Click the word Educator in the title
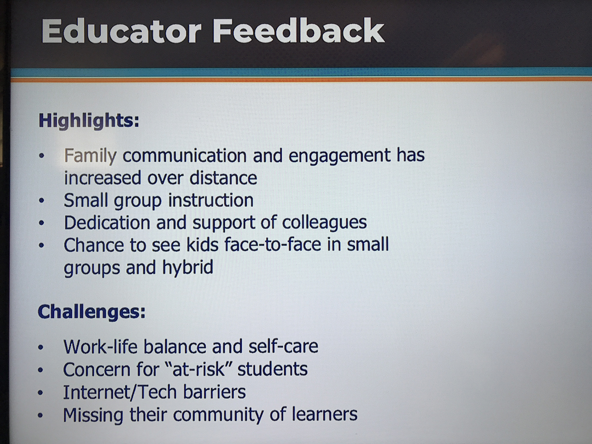point(122,31)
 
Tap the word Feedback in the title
point(298,31)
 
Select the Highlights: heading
point(89,121)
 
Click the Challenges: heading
point(92,312)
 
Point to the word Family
point(90,156)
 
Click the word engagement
point(339,156)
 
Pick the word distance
point(223,178)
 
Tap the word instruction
point(211,201)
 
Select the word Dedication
point(107,222)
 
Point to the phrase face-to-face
point(273,245)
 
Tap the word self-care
point(283,346)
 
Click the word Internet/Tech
point(120,392)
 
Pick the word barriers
point(215,392)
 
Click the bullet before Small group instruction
point(41,201)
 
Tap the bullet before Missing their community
point(40,415)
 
